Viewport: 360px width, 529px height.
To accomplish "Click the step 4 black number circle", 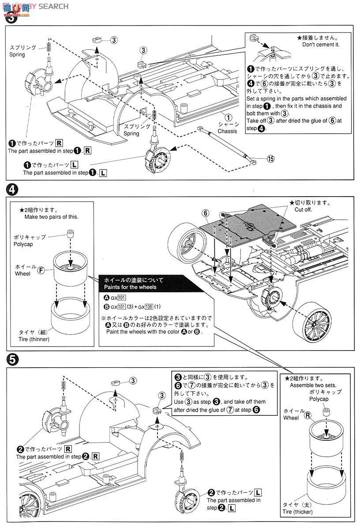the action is coord(12,190).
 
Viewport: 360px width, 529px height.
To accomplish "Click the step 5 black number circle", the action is coord(12,361).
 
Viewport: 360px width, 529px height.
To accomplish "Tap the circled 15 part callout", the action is coord(270,159).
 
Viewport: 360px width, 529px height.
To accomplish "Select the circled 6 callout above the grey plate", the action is coord(206,213).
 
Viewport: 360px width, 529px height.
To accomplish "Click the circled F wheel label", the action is coord(41,270).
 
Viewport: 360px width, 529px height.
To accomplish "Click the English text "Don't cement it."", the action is coord(321,45).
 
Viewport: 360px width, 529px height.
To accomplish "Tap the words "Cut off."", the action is coord(303,210).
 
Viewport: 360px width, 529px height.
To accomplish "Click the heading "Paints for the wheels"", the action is coord(130,287).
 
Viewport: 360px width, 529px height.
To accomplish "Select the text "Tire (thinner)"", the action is coord(34,339).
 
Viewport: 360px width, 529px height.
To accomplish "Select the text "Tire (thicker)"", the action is coord(297,512).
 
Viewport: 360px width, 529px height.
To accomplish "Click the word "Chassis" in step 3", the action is coord(227,131).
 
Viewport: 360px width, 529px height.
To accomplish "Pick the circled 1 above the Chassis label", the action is coord(228,117).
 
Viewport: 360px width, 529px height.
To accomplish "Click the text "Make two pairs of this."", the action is coord(51,217).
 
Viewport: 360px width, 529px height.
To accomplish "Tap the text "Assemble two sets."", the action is coord(313,385).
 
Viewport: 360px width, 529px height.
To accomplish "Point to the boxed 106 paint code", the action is coord(149,307).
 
